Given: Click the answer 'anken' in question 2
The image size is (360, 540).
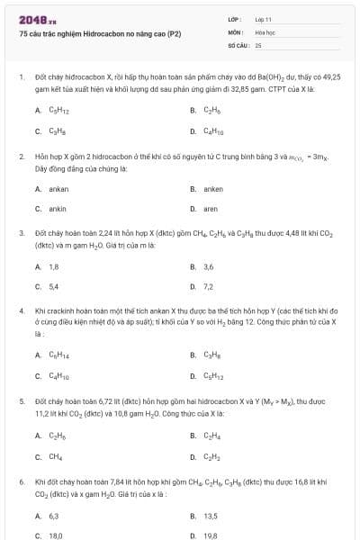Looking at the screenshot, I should (213, 189).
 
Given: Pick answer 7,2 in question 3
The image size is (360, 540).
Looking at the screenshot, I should (209, 286).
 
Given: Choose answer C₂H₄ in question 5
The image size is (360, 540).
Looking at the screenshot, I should (213, 436).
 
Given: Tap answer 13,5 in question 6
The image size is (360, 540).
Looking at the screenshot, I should (211, 516).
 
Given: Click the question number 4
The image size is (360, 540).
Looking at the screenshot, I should (21, 310).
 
